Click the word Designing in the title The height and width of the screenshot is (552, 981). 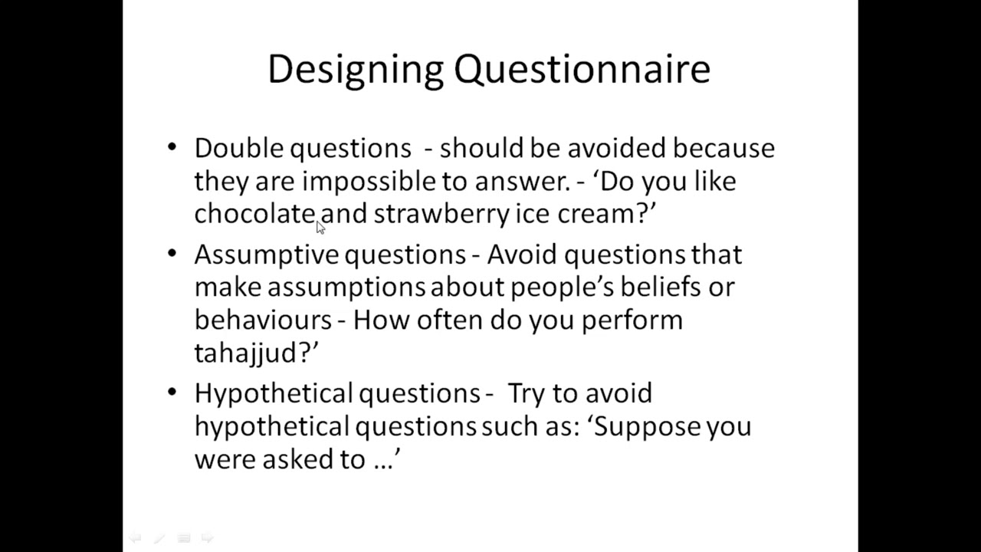[356, 70]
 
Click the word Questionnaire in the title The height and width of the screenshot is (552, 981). [582, 70]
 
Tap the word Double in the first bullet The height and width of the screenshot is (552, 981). [238, 148]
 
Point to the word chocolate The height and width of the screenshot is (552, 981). [254, 214]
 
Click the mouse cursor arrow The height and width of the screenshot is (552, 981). [320, 227]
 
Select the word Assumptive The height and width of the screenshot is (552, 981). [266, 255]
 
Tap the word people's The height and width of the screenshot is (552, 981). [562, 287]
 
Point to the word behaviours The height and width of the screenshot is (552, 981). [263, 320]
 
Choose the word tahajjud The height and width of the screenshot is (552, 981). [252, 353]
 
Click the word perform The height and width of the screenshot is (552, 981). [632, 320]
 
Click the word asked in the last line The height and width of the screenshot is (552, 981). [292, 459]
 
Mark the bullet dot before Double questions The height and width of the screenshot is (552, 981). [172, 146]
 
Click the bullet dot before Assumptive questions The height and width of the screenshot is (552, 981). [172, 252]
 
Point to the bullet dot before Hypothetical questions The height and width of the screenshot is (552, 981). [172, 392]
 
